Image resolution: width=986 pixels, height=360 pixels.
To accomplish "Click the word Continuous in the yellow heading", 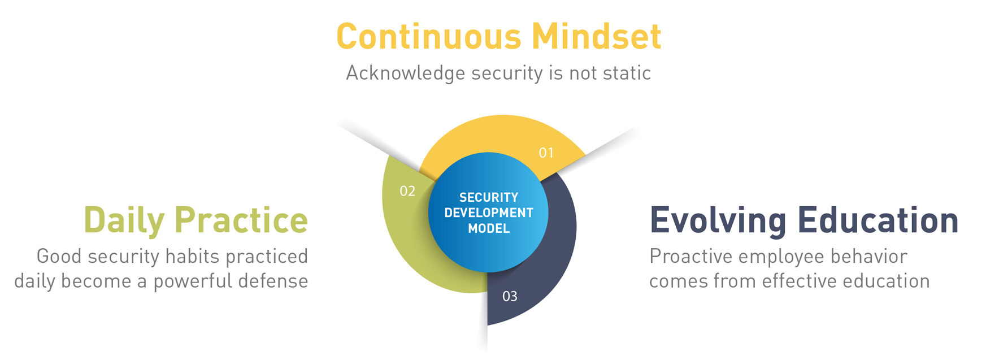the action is click(429, 36).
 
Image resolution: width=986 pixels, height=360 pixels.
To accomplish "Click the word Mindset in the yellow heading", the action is click(597, 36).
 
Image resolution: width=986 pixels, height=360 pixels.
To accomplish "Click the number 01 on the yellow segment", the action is click(546, 153).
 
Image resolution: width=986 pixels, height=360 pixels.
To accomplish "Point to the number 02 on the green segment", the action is click(407, 191).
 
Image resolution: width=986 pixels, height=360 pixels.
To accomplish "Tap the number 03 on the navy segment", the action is click(510, 296).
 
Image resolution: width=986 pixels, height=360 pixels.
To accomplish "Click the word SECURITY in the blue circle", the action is click(489, 197).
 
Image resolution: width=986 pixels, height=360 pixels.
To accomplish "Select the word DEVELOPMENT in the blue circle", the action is click(489, 213).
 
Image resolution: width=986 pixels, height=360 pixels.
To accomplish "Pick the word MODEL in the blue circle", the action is click(489, 229).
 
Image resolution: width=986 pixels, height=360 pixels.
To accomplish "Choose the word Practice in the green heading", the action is click(241, 219).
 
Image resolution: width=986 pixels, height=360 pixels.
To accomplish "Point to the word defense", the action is click(273, 281).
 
